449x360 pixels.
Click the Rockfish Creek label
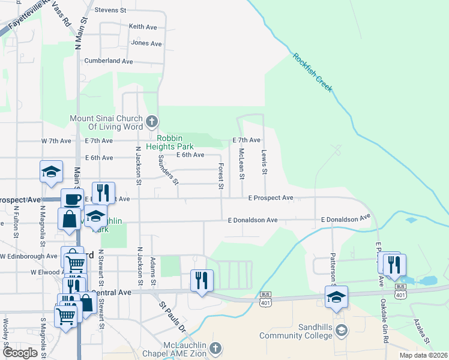coord(312,73)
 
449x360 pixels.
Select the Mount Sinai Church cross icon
coord(151,122)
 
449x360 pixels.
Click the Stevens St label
coord(110,10)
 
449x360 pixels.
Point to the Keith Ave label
coord(143,26)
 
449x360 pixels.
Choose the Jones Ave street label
coord(146,43)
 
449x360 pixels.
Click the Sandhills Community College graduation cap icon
coord(341,331)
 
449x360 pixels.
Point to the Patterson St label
coord(333,267)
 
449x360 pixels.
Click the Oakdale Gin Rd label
coord(383,322)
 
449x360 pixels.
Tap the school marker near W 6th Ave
coord(52,171)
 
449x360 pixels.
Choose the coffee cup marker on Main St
coord(72,199)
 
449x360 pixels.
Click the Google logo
coord(20,353)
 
